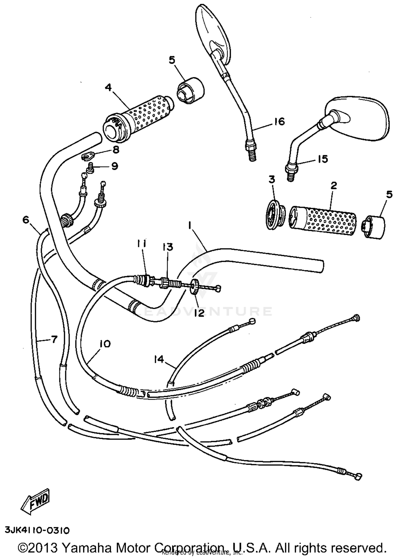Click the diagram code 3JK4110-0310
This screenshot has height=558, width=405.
tap(37, 530)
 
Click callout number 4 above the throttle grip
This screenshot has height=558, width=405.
tap(108, 88)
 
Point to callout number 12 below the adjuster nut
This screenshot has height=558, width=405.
tap(199, 313)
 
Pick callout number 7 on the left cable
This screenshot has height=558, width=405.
tap(54, 339)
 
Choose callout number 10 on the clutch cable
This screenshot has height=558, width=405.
tap(105, 344)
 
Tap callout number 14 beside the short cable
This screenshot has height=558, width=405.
tap(159, 359)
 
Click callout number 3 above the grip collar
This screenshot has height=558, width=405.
tap(272, 179)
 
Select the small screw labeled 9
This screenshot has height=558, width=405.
tap(90, 169)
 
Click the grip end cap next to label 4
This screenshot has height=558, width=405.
tap(191, 90)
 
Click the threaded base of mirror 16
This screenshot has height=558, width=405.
tap(251, 154)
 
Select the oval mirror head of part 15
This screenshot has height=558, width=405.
tap(359, 119)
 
